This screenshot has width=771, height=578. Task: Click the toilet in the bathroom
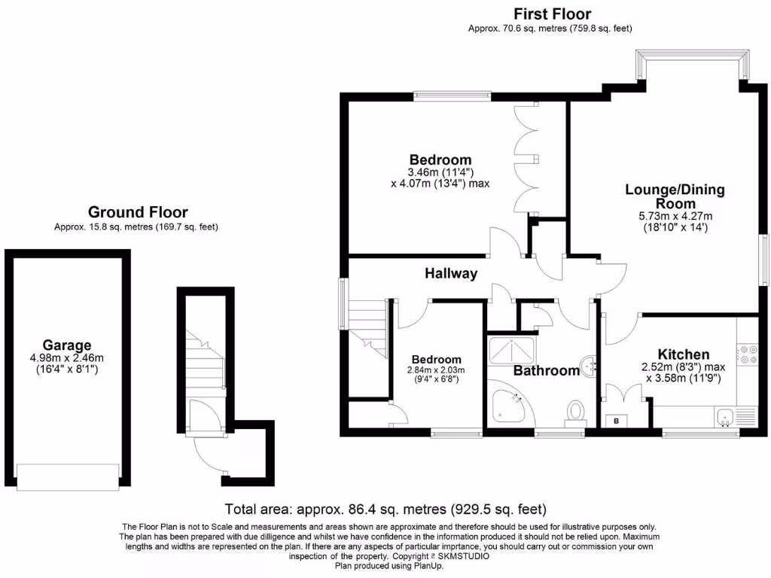coord(576,412)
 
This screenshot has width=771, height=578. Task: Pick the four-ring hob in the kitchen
coord(748,353)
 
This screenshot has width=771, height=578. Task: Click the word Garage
coord(66,345)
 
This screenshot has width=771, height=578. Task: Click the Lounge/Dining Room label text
coord(675,196)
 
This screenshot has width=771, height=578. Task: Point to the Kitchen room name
coord(683,354)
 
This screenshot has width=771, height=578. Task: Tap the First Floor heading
coord(552,14)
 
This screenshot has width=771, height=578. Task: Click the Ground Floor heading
coord(138,212)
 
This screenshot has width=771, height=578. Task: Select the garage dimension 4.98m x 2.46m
coord(67,358)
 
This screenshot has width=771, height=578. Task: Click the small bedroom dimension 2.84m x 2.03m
coord(437,370)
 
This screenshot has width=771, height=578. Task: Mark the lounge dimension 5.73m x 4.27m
coord(675,215)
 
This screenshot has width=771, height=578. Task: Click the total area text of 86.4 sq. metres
coord(385,509)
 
